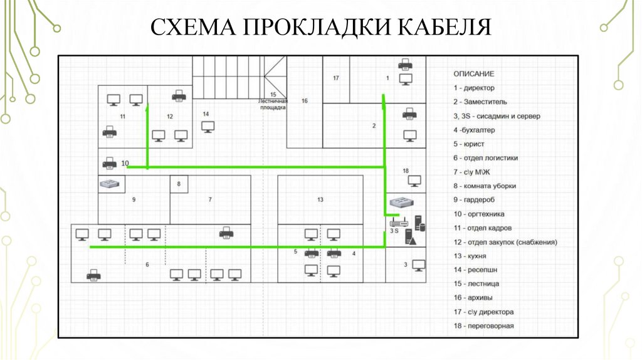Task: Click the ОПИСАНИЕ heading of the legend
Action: pos(473,74)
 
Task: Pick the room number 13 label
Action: pos(320,199)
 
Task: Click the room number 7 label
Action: pos(210,199)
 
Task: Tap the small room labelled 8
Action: pos(179,184)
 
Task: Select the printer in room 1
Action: pos(405,64)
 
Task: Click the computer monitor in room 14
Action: pos(208,126)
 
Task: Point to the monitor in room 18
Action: pos(414,181)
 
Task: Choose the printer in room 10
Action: pos(109,163)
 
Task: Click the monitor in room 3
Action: pos(418,265)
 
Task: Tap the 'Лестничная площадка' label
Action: pos(273,104)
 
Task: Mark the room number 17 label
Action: pos(336,78)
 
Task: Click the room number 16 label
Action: pos(305,100)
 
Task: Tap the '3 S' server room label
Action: pos(394,231)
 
